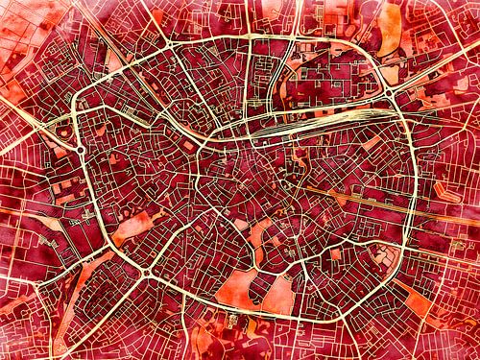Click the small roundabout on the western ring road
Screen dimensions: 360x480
[82, 151]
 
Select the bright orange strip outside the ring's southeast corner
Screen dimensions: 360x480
[419, 301]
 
